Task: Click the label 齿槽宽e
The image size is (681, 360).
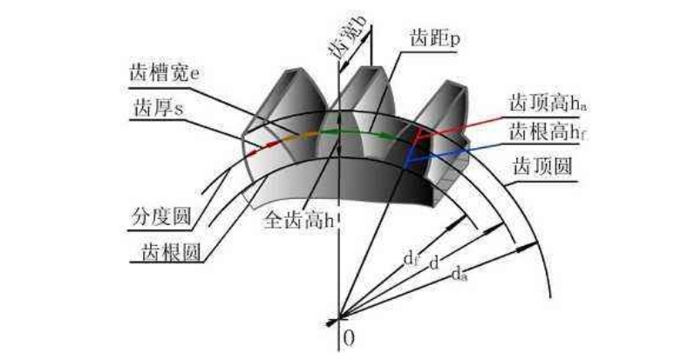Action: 160,73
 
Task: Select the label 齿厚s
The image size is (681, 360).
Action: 157,107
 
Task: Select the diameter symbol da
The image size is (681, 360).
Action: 460,275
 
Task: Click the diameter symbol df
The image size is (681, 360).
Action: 409,258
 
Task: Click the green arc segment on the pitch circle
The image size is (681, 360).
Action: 349,132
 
